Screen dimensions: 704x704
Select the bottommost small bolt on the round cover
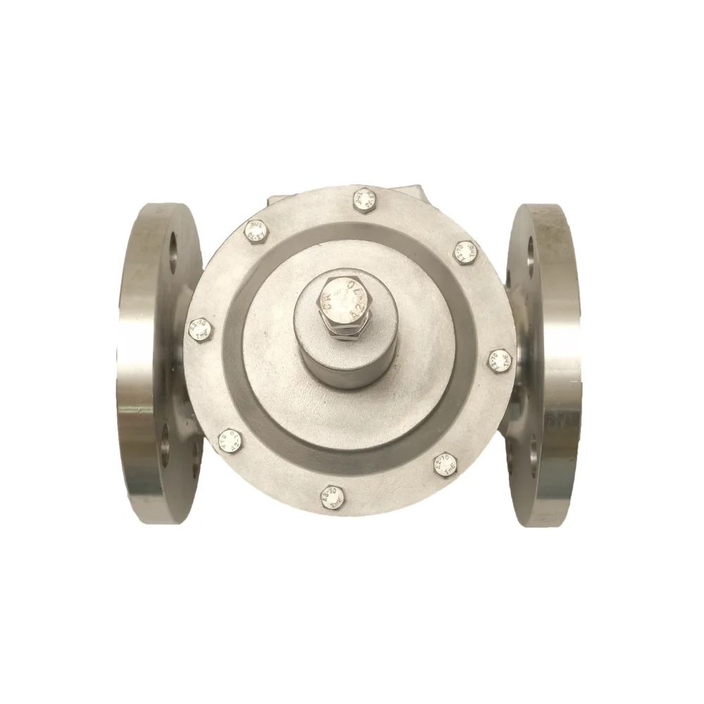(x=332, y=495)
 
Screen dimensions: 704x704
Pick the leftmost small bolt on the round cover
(x=200, y=329)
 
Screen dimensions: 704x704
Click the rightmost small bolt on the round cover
(x=499, y=360)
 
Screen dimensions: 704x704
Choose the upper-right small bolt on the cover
(x=465, y=251)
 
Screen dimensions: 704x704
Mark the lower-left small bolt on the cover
(x=230, y=441)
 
